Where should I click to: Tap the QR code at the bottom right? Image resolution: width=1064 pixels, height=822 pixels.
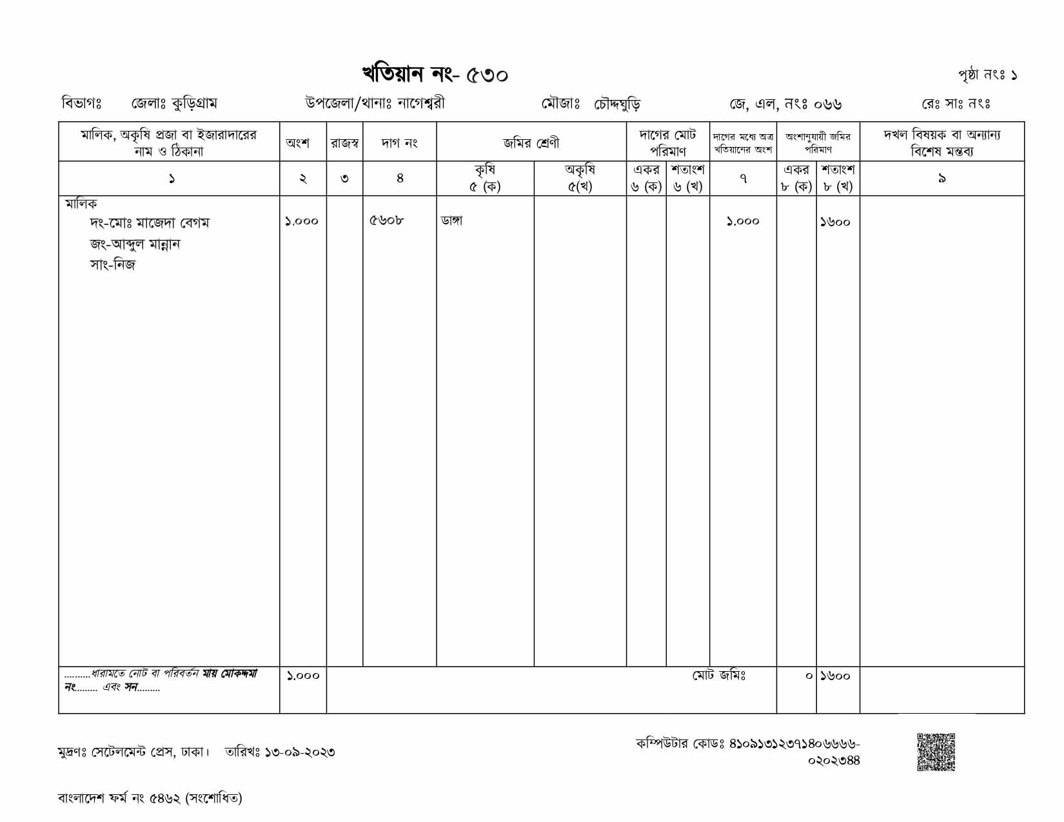pyautogui.click(x=936, y=752)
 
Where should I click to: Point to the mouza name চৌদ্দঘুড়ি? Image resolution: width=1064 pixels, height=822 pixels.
pyautogui.click(x=617, y=104)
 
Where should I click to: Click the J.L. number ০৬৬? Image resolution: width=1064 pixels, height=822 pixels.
pyautogui.click(x=827, y=104)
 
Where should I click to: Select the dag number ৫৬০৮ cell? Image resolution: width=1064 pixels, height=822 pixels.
pyautogui.click(x=387, y=221)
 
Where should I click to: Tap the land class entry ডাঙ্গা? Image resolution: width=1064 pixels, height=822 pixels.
pyautogui.click(x=452, y=221)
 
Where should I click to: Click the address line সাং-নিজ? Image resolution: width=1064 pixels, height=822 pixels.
pyautogui.click(x=113, y=265)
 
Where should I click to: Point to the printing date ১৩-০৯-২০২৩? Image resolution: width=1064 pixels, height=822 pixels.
pyautogui.click(x=300, y=752)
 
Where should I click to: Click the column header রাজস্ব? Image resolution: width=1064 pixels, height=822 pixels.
pyautogui.click(x=344, y=143)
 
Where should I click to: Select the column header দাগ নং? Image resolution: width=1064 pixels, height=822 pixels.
pyautogui.click(x=399, y=143)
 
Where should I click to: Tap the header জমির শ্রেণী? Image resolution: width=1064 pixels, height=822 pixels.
pyautogui.click(x=531, y=143)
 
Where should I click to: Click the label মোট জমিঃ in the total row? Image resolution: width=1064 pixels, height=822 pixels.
pyautogui.click(x=719, y=676)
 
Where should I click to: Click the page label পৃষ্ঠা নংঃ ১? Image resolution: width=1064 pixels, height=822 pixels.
pyautogui.click(x=987, y=75)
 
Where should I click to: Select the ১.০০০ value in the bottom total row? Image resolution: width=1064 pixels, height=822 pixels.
pyautogui.click(x=302, y=676)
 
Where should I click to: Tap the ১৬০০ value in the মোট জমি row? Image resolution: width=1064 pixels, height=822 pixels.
pyautogui.click(x=836, y=676)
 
